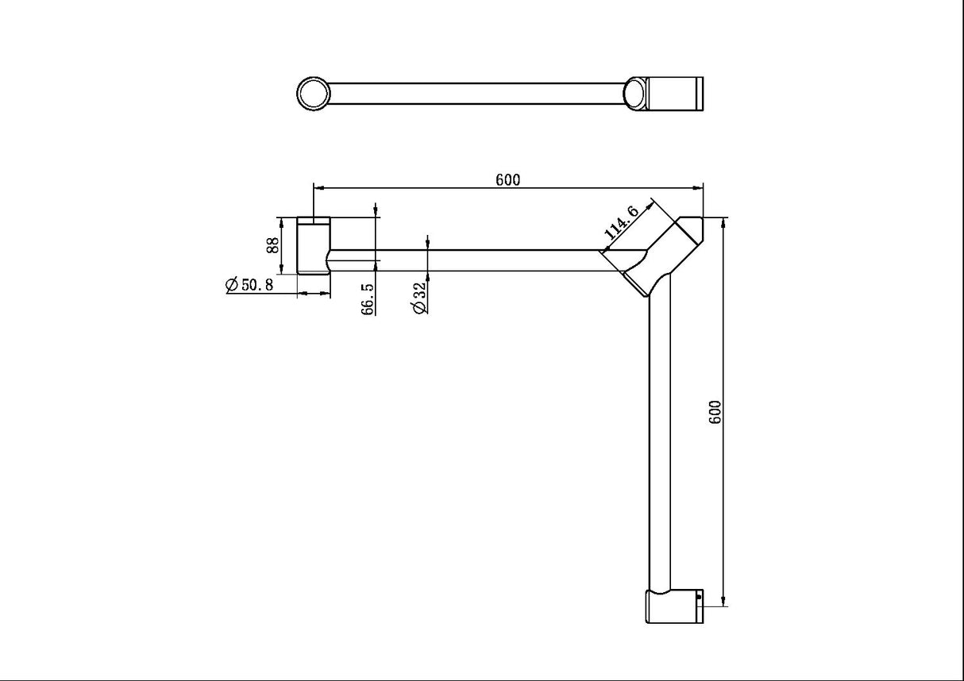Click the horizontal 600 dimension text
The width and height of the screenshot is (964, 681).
click(507, 179)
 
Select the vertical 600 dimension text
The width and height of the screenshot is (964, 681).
click(714, 412)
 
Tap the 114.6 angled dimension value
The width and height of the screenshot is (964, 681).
click(622, 222)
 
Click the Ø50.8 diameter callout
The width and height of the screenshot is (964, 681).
click(249, 285)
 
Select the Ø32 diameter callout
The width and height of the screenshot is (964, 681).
click(420, 298)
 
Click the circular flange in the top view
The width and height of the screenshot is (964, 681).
click(313, 93)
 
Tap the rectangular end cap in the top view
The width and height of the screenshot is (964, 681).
click(675, 93)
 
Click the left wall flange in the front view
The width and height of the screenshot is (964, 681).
click(313, 246)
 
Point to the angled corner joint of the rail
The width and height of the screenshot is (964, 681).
click(663, 253)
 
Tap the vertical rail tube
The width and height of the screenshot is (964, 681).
click(661, 444)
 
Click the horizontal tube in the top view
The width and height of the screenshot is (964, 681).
click(476, 93)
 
